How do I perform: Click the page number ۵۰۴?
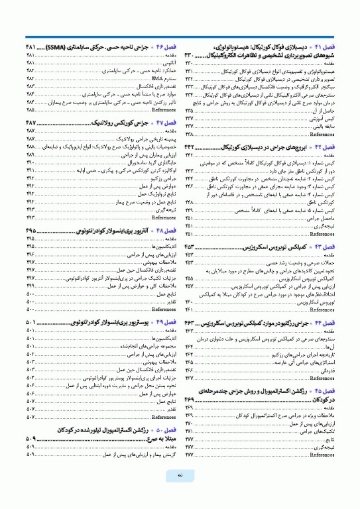click(x=30, y=377)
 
